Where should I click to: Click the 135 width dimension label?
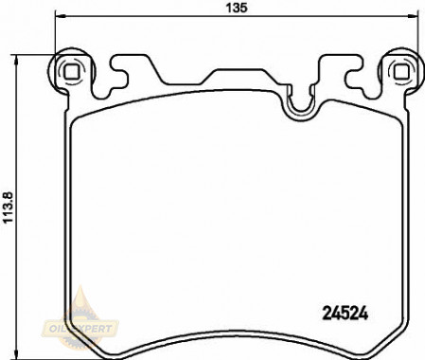click(237, 8)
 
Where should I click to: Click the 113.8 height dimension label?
click(8, 207)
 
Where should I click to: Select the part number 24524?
click(345, 314)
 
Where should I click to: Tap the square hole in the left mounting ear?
click(71, 72)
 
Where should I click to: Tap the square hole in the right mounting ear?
click(401, 71)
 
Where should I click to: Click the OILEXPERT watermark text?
click(80, 329)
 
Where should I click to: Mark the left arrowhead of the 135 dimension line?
click(60, 15)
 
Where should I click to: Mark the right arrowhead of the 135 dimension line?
click(414, 15)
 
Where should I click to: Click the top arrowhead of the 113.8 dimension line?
click(15, 60)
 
